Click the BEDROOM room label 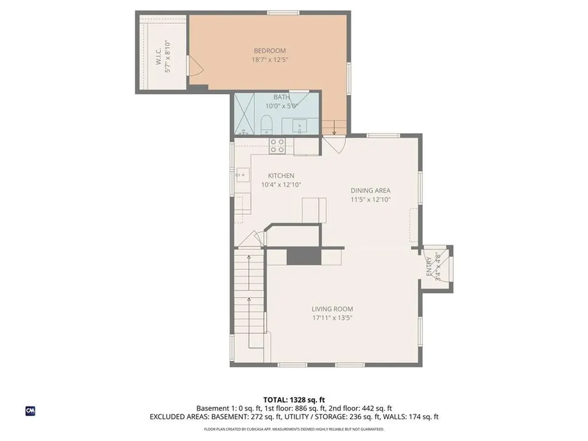click(269, 51)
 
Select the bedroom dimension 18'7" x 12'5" click(269, 60)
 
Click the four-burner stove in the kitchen click(277, 145)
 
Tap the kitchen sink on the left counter click(242, 173)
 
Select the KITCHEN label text click(281, 176)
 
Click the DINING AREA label click(371, 191)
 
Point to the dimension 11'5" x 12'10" click(371, 200)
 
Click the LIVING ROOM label click(332, 309)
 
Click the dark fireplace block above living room click(299, 256)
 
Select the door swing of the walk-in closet click(196, 69)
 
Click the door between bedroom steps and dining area click(333, 144)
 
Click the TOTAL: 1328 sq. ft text click(293, 400)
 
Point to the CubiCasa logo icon click(30, 411)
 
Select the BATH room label click(281, 97)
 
